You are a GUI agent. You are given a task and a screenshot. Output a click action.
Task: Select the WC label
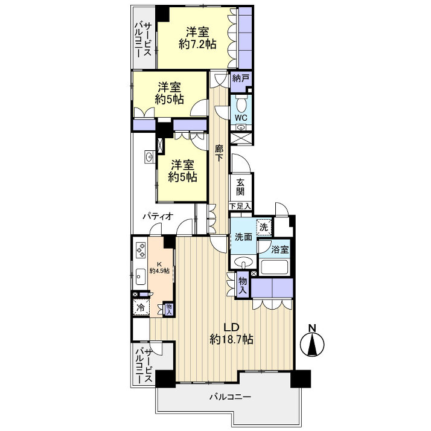click(240, 117)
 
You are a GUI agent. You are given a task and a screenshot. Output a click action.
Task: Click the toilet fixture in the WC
click(240, 103)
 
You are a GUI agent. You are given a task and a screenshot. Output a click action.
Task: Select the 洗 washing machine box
click(263, 227)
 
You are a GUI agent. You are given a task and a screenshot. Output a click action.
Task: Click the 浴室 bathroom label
click(280, 249)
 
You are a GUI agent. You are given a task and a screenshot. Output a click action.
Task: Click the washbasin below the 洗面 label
click(243, 263)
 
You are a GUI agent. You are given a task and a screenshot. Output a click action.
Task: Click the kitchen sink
click(138, 278)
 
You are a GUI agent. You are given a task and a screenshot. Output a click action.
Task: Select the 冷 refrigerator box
click(141, 307)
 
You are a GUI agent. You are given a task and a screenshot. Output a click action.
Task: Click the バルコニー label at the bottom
click(229, 397)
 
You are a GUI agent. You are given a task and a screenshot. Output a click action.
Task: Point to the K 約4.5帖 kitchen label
click(162, 267)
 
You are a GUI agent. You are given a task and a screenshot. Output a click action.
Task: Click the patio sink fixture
click(148, 158)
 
